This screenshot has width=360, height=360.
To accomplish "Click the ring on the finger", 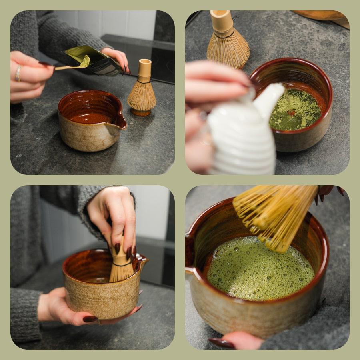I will pyautogui.click(x=18, y=74).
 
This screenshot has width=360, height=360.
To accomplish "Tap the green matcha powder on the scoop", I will pyautogui.click(x=84, y=61).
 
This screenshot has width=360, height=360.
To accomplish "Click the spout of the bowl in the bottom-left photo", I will pyautogui.click(x=142, y=262).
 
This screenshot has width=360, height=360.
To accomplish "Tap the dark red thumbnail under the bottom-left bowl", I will pyautogui.click(x=90, y=319).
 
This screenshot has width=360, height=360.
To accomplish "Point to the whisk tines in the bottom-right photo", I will pyautogui.click(x=272, y=216).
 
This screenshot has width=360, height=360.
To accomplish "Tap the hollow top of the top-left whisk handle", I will pyautogui.click(x=145, y=62).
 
